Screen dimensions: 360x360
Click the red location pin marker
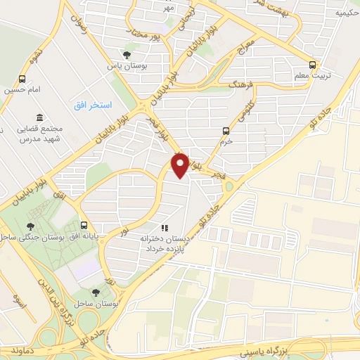(x=180, y=165)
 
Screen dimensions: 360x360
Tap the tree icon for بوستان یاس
(x=127, y=54)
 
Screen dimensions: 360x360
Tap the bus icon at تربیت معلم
(x=316, y=61)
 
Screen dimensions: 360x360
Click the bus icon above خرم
(x=226, y=130)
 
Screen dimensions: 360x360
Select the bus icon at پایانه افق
(x=84, y=226)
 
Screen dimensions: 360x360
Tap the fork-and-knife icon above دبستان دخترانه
(x=165, y=227)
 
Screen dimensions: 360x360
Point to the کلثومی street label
(x=250, y=113)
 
